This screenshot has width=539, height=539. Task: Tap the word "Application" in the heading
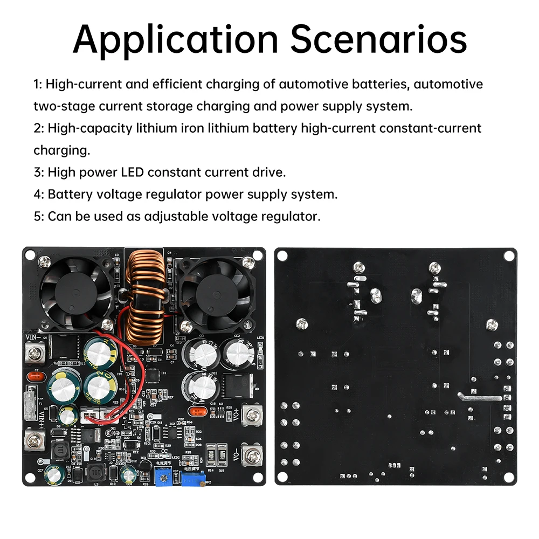coord(176,39)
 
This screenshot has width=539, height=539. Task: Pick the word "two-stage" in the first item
coord(64,106)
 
